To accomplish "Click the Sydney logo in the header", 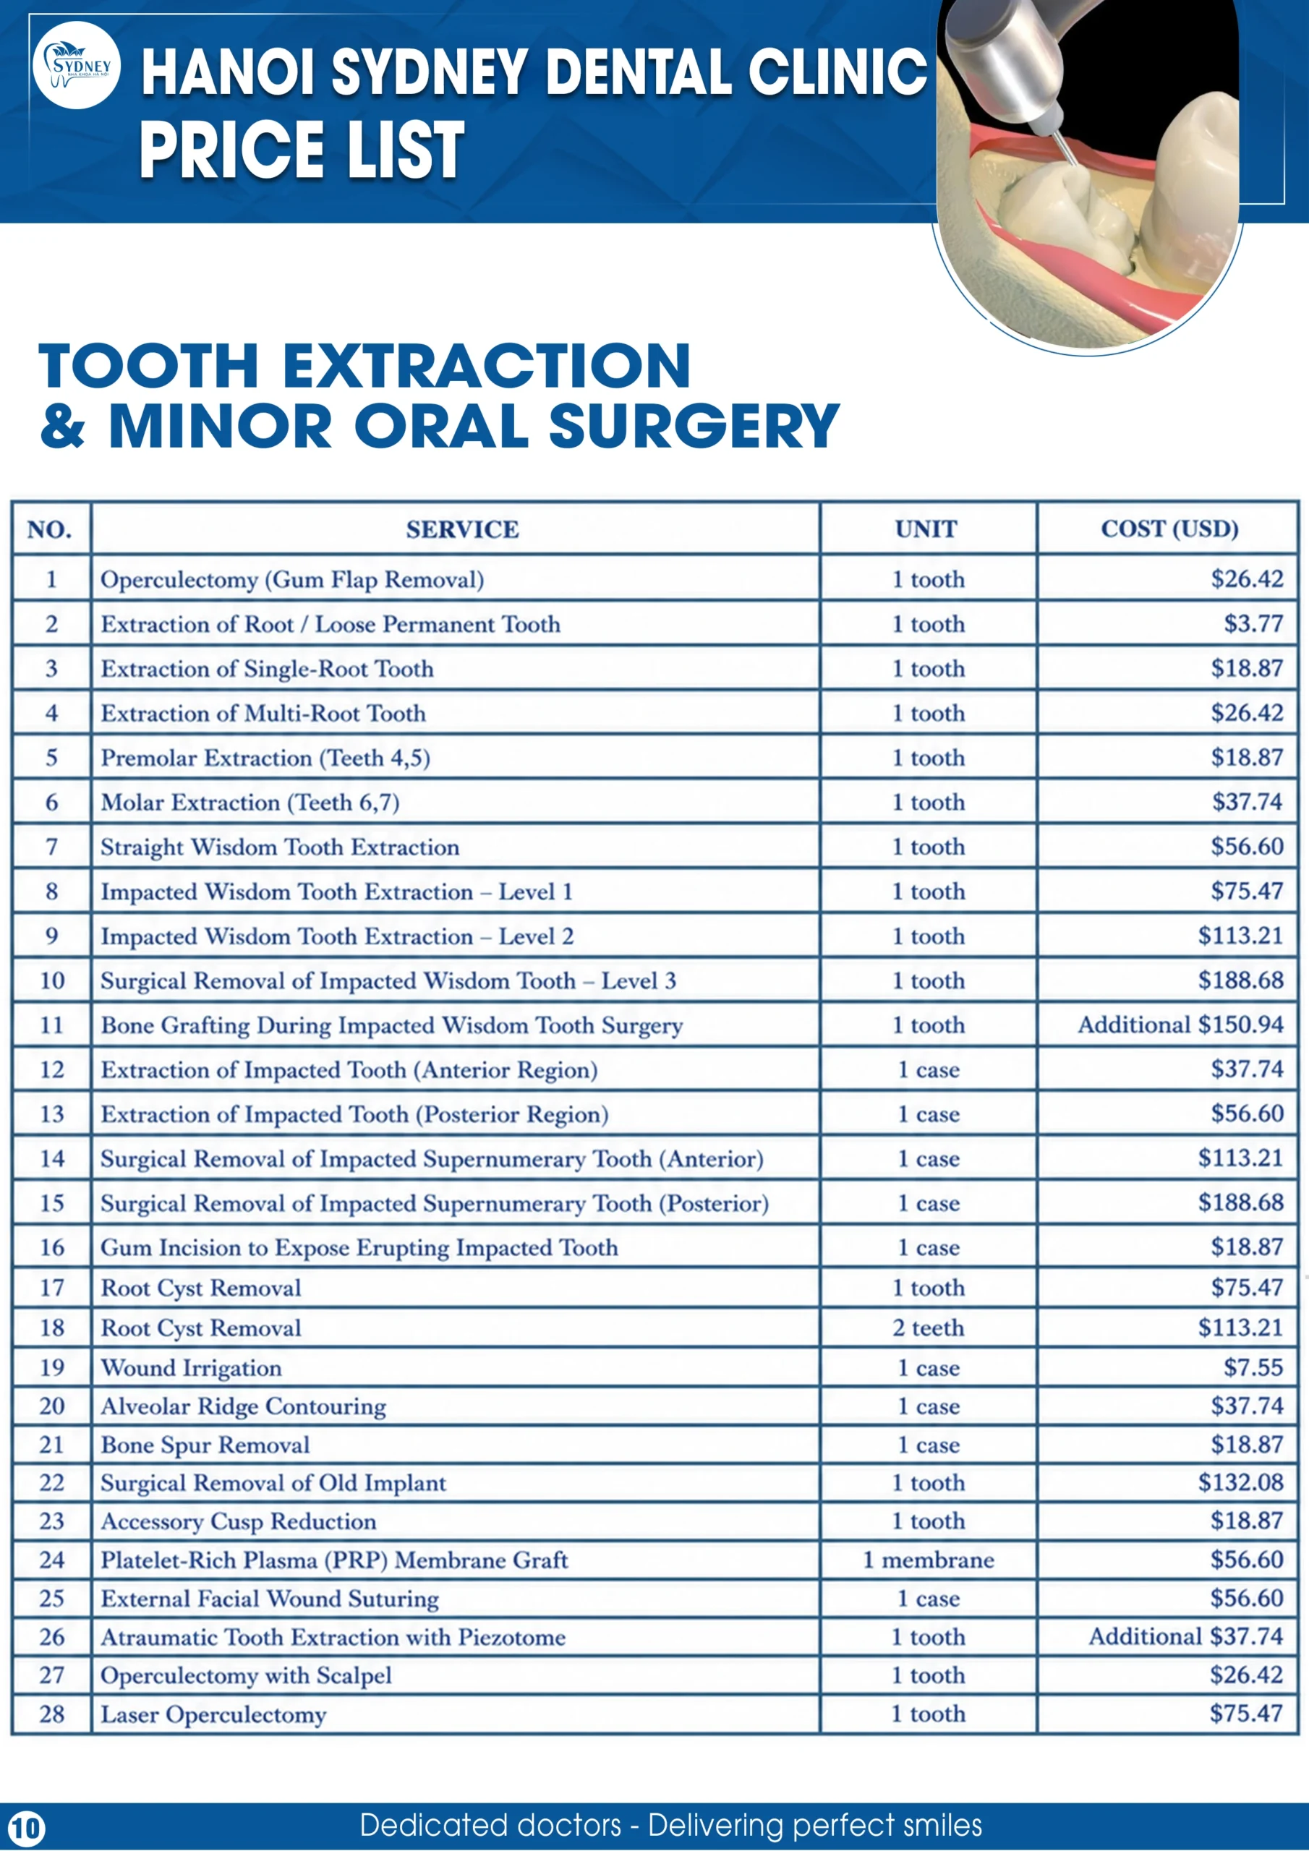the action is tap(77, 65).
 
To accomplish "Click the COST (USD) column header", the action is tap(1169, 529).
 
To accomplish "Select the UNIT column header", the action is tap(926, 529).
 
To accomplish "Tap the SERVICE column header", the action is tap(462, 529).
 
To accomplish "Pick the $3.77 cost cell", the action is tap(1253, 623).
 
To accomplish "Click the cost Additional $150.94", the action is tap(1181, 1024).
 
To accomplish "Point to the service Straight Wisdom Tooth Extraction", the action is tap(280, 847).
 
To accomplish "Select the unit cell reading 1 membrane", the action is tap(929, 1559).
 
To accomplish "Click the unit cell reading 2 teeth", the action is tap(929, 1327).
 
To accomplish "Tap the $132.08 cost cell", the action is tap(1240, 1481).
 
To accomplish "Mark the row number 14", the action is tap(51, 1158).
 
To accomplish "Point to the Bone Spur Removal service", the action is tap(205, 1445).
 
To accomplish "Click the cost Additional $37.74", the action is tap(1185, 1636).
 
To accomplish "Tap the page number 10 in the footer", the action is tap(26, 1827).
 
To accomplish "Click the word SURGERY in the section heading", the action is tap(694, 426).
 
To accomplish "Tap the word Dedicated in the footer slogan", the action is tap(490, 1824).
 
